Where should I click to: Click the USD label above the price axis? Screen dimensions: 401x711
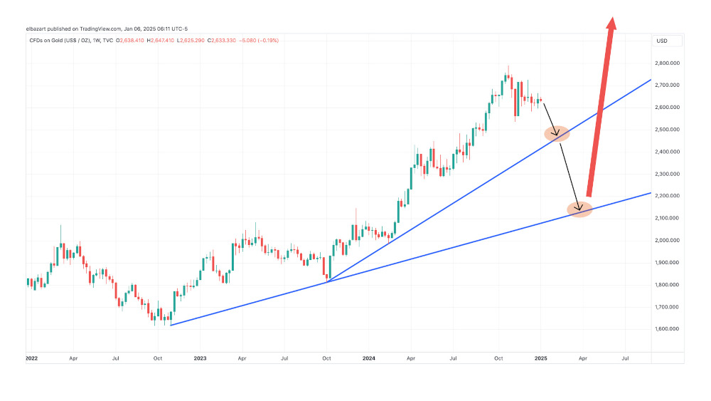point(661,41)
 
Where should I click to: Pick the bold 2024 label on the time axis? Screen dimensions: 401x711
point(369,359)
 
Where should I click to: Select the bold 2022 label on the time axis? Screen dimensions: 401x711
point(32,359)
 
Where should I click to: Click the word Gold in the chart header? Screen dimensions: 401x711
point(56,41)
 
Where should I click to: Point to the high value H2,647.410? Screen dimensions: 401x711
point(161,41)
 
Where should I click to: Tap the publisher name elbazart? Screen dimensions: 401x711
point(36,29)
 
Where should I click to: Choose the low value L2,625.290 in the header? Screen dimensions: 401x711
point(193,41)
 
